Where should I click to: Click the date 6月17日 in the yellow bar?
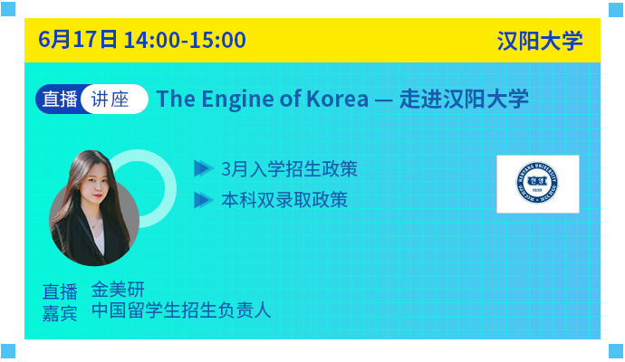[x=78, y=40]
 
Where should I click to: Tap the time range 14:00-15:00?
[x=185, y=40]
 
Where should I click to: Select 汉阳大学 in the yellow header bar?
[x=540, y=41]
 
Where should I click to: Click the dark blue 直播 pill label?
[x=59, y=99]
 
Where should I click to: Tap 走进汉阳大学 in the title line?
[x=464, y=99]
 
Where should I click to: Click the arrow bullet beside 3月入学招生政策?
[x=203, y=168]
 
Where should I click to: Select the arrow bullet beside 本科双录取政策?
[x=203, y=200]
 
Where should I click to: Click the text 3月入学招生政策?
[x=289, y=169]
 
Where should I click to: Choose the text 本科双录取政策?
[x=284, y=200]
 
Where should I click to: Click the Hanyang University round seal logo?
[x=537, y=183]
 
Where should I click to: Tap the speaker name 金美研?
[x=118, y=290]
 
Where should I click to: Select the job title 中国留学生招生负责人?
[x=181, y=310]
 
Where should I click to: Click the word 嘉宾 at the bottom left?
[x=60, y=313]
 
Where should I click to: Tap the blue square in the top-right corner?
[x=616, y=10]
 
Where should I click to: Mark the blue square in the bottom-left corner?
[x=8, y=351]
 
